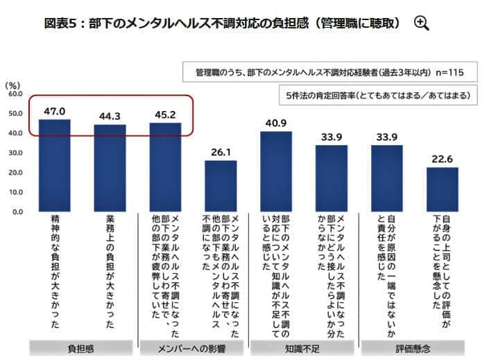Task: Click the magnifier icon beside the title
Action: coord(421,23)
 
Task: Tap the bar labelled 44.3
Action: coord(110,168)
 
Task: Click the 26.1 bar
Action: coord(221,186)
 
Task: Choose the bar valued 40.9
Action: coord(276,171)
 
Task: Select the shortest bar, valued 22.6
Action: coord(442,189)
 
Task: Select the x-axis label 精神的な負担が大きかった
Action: coord(54,271)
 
